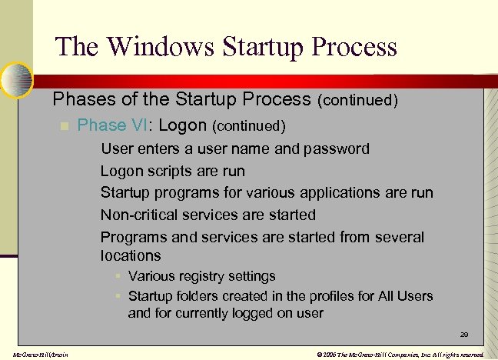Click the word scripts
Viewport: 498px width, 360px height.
pos(173,171)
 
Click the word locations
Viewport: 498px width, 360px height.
pos(131,255)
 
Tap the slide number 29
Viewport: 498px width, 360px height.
pos(464,335)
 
